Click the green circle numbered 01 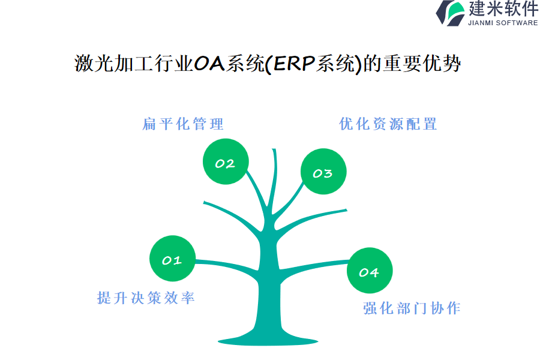(x=173, y=259)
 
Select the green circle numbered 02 (x=226, y=161)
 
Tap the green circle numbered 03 (x=323, y=172)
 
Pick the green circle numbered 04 (x=370, y=271)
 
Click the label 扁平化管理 (x=183, y=124)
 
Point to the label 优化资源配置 (x=388, y=124)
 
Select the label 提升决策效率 (x=146, y=298)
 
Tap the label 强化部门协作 (x=412, y=308)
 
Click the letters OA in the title (x=209, y=64)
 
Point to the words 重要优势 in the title (x=422, y=64)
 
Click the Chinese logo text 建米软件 (x=503, y=8)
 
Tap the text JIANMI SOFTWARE (x=503, y=23)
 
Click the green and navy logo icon (x=450, y=13)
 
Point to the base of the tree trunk (x=268, y=341)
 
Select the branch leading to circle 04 (x=313, y=265)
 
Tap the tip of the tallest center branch (x=274, y=149)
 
